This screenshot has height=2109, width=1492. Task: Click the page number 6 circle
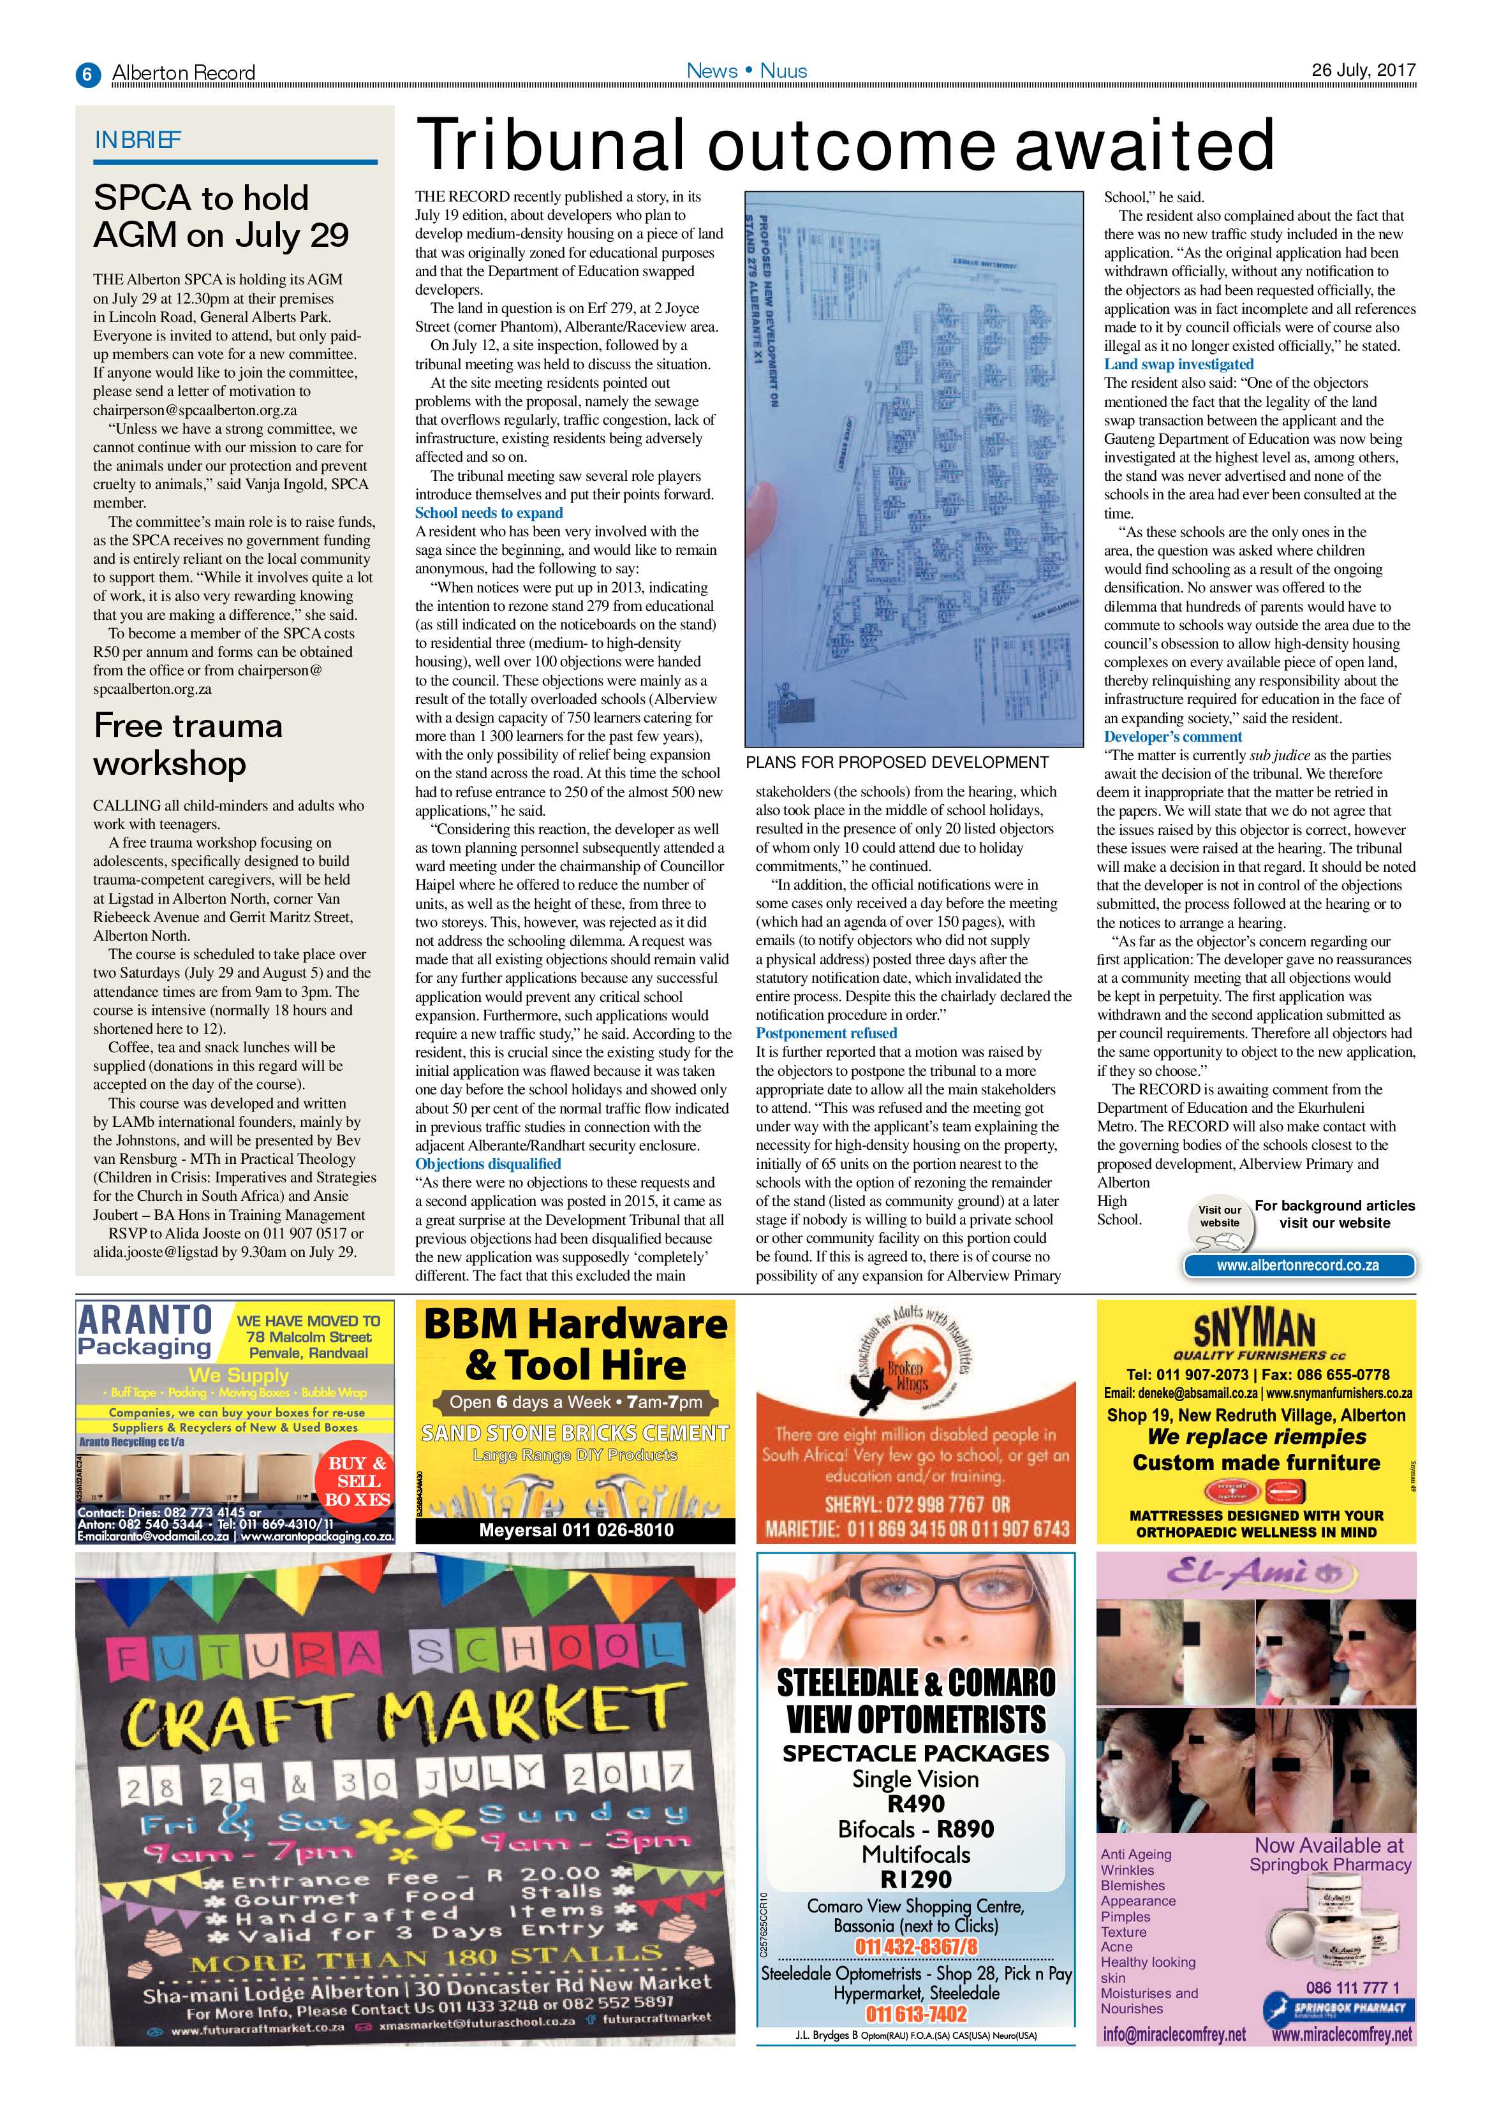pyautogui.click(x=87, y=73)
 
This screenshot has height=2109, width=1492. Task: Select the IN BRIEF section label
pyautogui.click(x=138, y=140)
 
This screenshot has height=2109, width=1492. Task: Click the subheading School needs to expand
pyautogui.click(x=489, y=513)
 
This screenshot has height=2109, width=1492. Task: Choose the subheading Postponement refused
pyautogui.click(x=826, y=1032)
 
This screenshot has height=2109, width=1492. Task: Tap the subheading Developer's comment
pyautogui.click(x=1172, y=736)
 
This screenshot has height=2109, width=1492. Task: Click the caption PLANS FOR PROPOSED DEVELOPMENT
pyautogui.click(x=897, y=761)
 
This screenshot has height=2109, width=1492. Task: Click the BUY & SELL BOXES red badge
pyautogui.click(x=358, y=1481)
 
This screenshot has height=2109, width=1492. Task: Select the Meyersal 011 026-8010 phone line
pyautogui.click(x=576, y=1529)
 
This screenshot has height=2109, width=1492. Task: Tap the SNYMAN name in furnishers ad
pyautogui.click(x=1254, y=1328)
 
